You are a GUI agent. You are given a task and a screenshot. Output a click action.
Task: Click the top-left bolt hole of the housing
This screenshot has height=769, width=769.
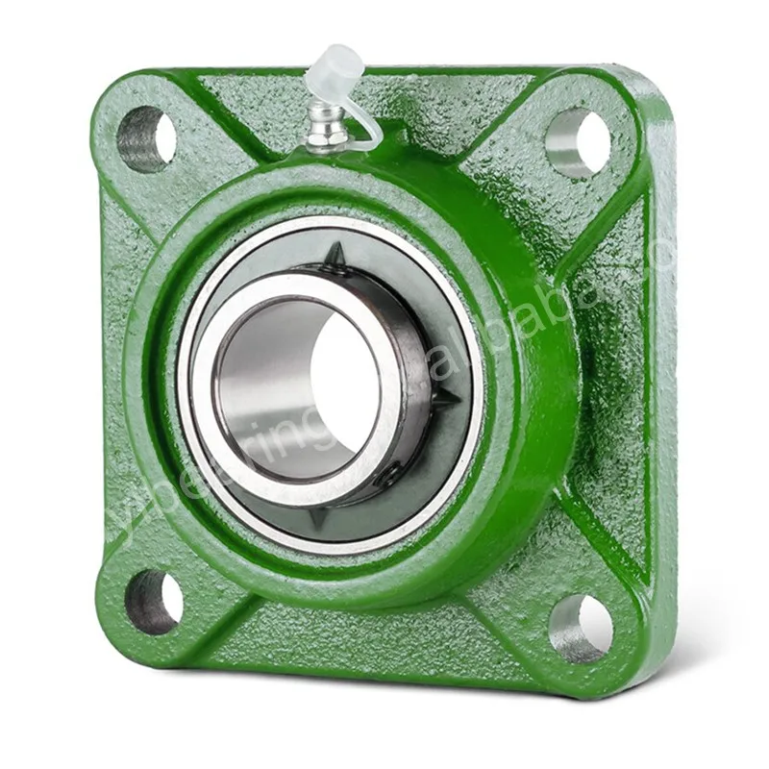(x=146, y=138)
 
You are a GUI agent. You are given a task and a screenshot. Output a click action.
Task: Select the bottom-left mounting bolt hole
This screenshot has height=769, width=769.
(x=155, y=601)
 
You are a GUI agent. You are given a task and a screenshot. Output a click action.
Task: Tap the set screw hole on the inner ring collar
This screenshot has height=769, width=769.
(x=388, y=474)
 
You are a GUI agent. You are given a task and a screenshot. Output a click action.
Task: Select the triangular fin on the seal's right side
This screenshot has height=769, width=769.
(x=444, y=396)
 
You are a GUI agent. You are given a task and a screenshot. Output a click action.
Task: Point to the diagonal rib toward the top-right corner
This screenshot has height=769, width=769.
(x=509, y=183)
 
